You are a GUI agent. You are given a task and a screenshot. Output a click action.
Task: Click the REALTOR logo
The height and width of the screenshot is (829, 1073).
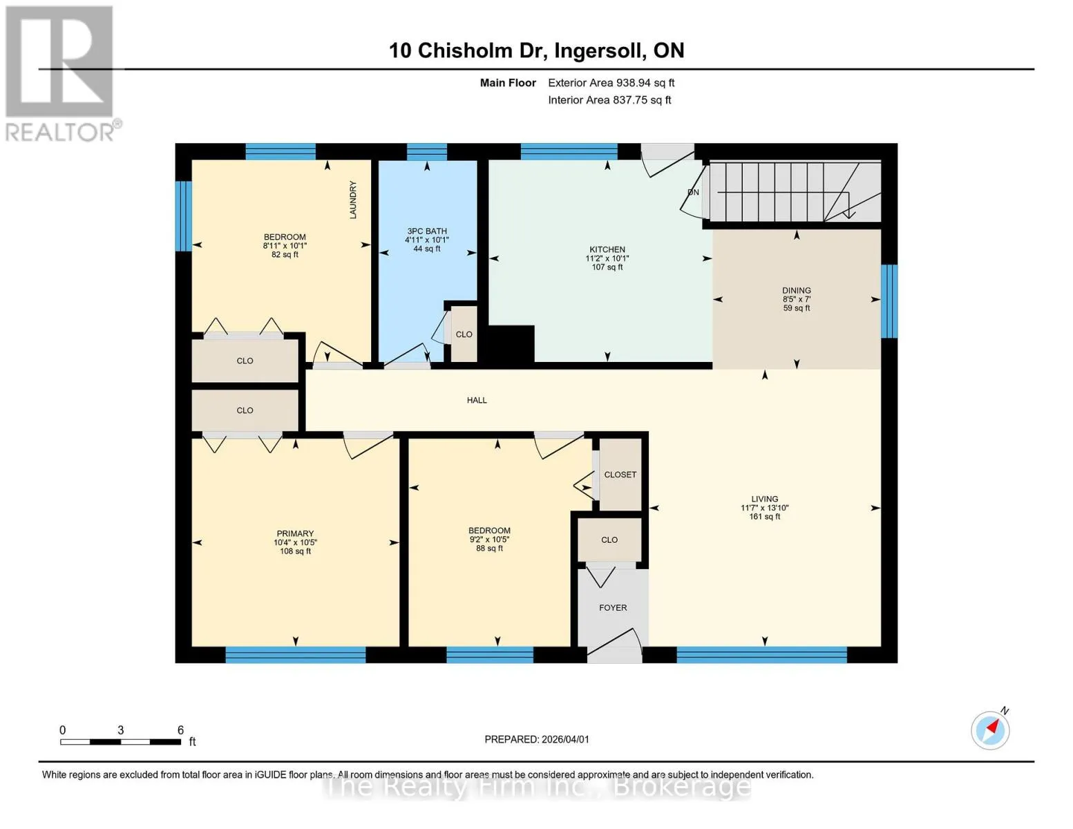(61, 74)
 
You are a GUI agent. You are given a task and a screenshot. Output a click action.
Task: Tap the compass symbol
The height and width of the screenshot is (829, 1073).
(989, 730)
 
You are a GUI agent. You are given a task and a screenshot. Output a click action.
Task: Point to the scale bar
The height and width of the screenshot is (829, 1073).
(120, 741)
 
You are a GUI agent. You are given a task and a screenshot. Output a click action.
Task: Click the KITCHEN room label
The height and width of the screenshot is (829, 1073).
(607, 249)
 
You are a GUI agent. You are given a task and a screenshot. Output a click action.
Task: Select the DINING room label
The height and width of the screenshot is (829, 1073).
(796, 290)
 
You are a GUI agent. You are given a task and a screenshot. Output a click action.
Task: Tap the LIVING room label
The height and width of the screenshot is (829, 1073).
(764, 499)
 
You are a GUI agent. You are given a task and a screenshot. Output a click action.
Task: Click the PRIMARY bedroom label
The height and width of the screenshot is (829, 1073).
(295, 533)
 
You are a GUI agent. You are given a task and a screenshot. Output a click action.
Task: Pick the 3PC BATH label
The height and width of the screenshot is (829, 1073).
(426, 231)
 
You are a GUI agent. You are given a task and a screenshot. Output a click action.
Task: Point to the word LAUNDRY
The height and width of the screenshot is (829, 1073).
(352, 200)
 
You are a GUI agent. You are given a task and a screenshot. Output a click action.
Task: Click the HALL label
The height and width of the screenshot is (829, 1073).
(477, 400)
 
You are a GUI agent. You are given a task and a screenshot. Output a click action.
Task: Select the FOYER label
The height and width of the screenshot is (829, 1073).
(613, 607)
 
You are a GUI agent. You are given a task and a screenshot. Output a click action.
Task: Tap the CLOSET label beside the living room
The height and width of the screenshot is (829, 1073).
(620, 475)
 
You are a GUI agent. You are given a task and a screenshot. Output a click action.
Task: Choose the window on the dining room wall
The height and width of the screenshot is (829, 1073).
(889, 301)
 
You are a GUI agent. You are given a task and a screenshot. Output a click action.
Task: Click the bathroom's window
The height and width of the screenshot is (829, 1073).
(426, 151)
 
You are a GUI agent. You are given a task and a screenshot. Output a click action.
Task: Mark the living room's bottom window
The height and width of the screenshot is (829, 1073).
(761, 654)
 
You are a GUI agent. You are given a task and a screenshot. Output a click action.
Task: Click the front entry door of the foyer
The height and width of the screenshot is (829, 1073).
(614, 647)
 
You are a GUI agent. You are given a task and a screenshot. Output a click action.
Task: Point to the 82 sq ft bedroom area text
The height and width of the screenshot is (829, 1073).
(285, 255)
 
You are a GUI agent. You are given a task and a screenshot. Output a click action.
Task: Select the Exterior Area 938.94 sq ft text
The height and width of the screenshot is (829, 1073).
(611, 83)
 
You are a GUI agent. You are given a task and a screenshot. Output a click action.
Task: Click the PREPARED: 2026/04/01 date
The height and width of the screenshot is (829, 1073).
(537, 739)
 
